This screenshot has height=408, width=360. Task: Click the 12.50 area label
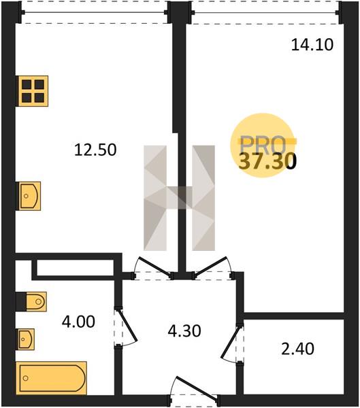coord(95,150)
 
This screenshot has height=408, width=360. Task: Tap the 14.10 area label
coord(312,44)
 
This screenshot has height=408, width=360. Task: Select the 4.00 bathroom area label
coord(78,322)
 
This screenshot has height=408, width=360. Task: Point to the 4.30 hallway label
coord(184,331)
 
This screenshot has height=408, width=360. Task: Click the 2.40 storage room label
coord(297,349)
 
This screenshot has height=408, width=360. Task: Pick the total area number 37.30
coord(267,160)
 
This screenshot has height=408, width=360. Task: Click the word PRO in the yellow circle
coord(263,145)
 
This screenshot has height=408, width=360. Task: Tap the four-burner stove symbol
coord(32,91)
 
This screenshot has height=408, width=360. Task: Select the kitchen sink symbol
coord(29,196)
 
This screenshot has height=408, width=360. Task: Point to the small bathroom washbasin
coord(25,339)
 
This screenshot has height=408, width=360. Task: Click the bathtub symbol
coord(51,378)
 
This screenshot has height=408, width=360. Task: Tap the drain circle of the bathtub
coord(26,378)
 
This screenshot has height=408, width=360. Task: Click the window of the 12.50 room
coord(95,12)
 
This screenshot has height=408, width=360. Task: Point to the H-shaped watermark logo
coord(180,198)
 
